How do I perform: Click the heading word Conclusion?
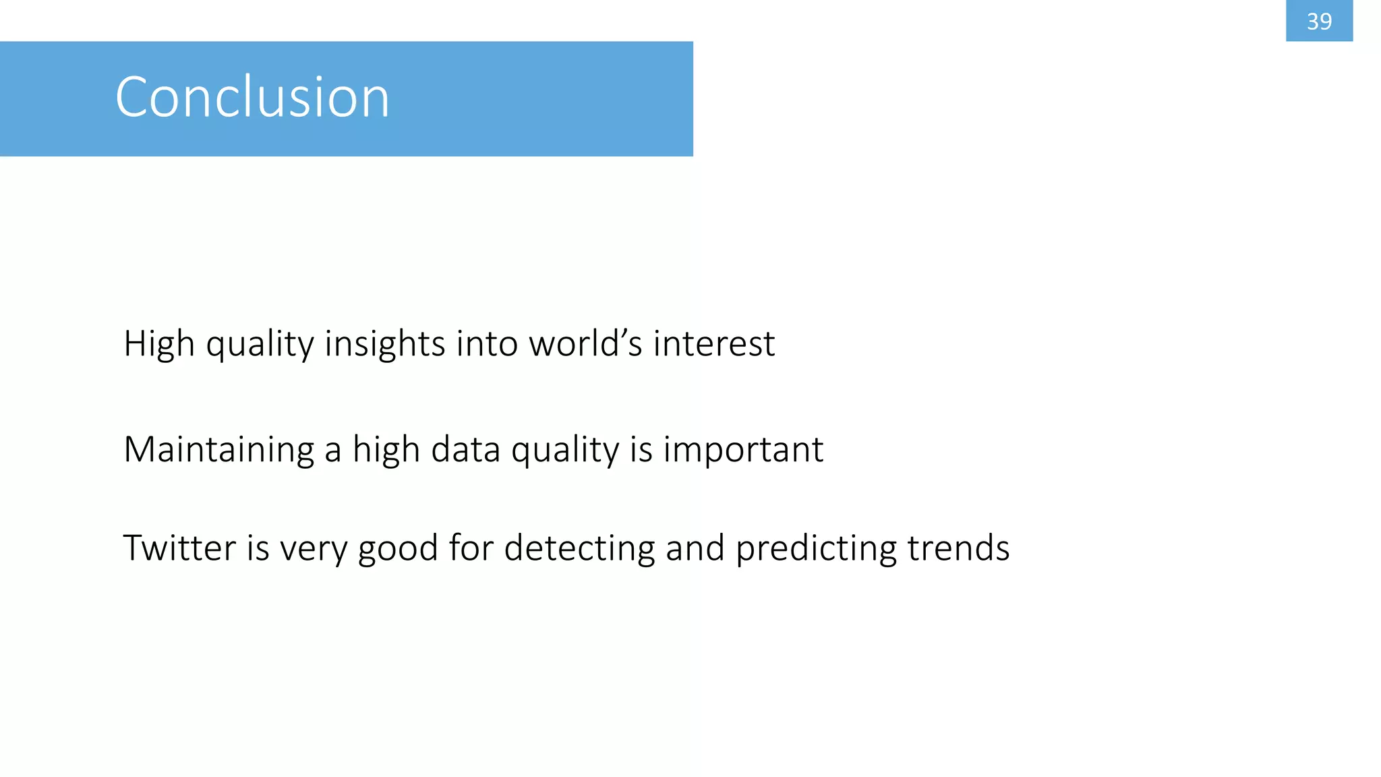pos(252,97)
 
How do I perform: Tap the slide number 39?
pos(1319,22)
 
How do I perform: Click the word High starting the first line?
pos(159,344)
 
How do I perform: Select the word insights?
pos(384,344)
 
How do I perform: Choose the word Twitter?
pos(179,548)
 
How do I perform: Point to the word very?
pos(313,548)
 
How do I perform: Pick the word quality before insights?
pos(260,344)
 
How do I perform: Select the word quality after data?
pos(565,449)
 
